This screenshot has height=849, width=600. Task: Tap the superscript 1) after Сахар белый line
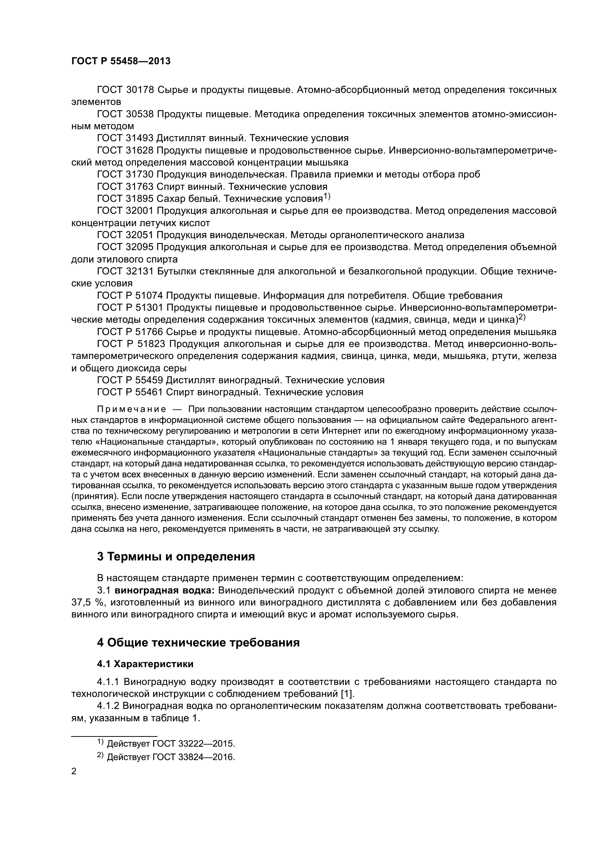pos(326,197)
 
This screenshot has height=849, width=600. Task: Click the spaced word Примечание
pos(131,409)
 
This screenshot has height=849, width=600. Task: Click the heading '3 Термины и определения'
pos(176,556)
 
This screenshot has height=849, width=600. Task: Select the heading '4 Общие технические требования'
pos(198,643)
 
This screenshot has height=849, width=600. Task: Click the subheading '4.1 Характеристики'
pos(145,664)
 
